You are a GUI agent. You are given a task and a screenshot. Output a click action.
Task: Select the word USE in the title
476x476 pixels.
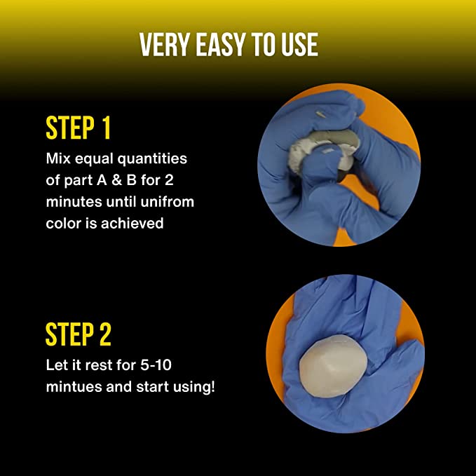pos(299,45)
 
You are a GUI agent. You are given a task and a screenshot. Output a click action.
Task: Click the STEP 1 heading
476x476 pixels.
pos(78,128)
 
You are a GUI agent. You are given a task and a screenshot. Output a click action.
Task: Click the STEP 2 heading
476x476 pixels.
pos(79,334)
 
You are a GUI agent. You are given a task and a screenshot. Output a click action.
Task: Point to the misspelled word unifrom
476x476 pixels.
pos(168,202)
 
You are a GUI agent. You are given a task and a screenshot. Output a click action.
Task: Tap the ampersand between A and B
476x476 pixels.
pos(116,180)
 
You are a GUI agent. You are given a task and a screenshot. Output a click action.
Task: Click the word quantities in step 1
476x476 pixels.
pos(152,159)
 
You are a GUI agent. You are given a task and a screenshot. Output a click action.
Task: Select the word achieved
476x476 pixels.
pos(132,224)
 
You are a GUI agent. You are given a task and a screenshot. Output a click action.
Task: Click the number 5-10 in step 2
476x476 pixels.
pos(156,365)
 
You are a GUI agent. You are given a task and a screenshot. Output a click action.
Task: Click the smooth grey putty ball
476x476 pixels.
pos(333,367)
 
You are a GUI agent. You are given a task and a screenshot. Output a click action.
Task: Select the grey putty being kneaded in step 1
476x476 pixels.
pos(322,149)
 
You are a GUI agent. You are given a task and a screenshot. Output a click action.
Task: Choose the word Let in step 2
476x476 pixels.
pos(56,365)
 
